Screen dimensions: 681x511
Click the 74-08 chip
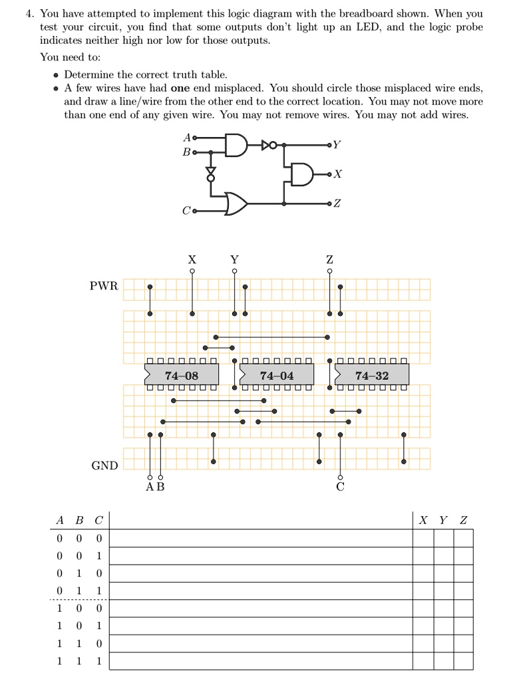click(x=181, y=376)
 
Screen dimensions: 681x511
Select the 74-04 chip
click(x=276, y=376)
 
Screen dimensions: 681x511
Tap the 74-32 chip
click(x=372, y=376)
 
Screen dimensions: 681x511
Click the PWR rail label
click(x=104, y=286)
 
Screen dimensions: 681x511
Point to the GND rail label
click(x=104, y=466)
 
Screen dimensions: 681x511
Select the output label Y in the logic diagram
click(x=337, y=144)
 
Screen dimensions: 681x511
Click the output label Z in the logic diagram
click(x=337, y=203)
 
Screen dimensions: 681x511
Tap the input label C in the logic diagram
click(x=186, y=211)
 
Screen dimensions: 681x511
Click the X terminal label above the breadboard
click(x=192, y=259)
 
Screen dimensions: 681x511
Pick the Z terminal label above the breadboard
click(x=329, y=259)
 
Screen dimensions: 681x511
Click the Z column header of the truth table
click(x=464, y=520)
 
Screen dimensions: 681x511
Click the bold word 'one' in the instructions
click(x=181, y=88)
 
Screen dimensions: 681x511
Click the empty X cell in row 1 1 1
click(x=423, y=661)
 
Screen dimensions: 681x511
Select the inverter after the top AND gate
click(x=268, y=144)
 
